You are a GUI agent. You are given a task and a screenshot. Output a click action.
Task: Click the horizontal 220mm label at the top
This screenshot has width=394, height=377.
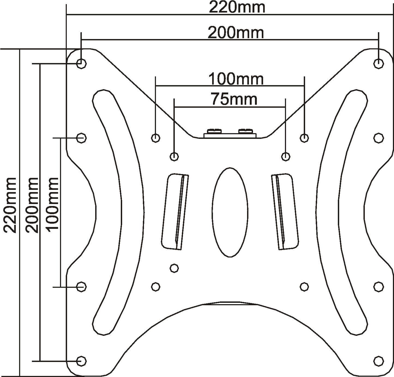(x=237, y=7)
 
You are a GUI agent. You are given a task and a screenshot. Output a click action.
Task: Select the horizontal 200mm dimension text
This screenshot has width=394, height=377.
(x=236, y=33)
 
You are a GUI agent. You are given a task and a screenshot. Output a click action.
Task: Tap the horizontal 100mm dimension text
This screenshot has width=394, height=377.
(x=236, y=79)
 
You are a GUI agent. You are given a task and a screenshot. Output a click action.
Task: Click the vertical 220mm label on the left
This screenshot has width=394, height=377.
(x=10, y=205)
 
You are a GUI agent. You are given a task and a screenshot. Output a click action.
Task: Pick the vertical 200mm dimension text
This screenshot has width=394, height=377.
(x=32, y=205)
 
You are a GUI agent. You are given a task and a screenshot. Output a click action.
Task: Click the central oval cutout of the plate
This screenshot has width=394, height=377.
(x=230, y=212)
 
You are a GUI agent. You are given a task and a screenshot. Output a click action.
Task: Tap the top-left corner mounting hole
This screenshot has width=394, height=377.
(x=82, y=63)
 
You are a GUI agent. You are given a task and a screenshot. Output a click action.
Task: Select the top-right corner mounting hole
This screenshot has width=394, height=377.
(x=378, y=63)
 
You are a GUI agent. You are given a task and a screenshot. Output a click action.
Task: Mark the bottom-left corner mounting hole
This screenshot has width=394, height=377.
(x=82, y=361)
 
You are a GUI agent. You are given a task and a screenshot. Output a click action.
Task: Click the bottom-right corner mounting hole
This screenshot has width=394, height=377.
(x=378, y=361)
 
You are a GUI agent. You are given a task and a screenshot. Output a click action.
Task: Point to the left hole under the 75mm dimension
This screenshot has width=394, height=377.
(x=174, y=156)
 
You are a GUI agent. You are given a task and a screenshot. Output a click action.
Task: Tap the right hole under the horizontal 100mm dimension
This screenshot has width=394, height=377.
(x=304, y=138)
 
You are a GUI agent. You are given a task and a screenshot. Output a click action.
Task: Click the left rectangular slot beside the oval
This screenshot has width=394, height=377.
(x=175, y=211)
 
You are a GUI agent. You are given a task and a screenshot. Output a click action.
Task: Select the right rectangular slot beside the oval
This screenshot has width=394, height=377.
(x=285, y=211)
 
